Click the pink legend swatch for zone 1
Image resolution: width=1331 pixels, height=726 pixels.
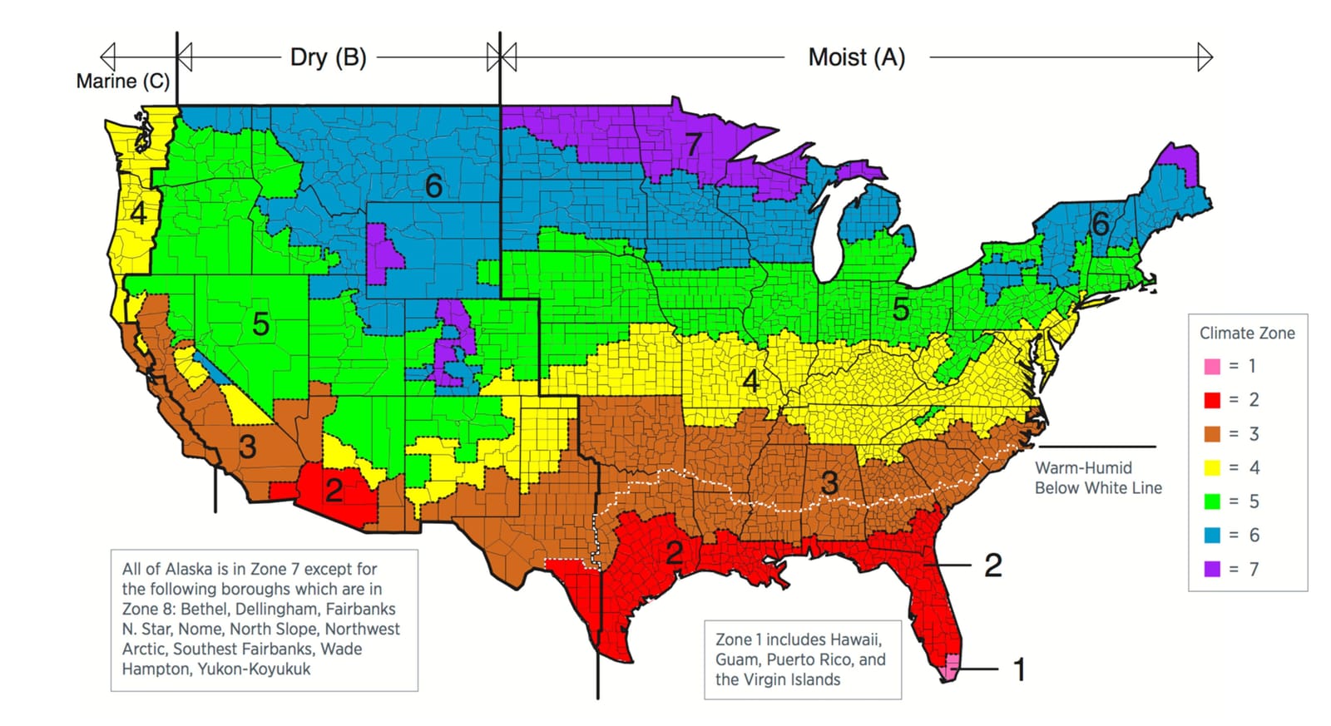click(1212, 366)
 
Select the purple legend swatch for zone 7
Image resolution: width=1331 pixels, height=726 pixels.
click(1212, 570)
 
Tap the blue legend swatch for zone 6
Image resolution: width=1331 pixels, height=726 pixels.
click(1212, 536)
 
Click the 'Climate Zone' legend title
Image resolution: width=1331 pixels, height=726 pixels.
click(1246, 333)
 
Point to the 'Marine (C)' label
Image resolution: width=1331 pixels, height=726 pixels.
click(122, 81)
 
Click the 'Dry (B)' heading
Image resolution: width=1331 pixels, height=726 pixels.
click(328, 57)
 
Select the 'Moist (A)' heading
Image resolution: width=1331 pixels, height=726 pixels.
click(856, 57)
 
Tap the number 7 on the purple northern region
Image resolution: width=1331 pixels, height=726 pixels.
click(693, 145)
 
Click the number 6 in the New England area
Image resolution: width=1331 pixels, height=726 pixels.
click(1100, 223)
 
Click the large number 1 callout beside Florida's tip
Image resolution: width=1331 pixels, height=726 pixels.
click(1019, 669)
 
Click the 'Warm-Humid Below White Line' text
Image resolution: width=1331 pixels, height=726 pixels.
click(1097, 478)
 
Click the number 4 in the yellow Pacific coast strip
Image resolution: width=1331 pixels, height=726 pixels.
click(138, 214)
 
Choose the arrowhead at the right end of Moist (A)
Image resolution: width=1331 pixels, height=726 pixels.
click(1205, 57)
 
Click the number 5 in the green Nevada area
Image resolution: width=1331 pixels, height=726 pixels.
click(260, 324)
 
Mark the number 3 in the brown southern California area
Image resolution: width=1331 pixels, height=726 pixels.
click(247, 447)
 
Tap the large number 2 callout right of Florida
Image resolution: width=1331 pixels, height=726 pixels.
click(992, 565)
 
